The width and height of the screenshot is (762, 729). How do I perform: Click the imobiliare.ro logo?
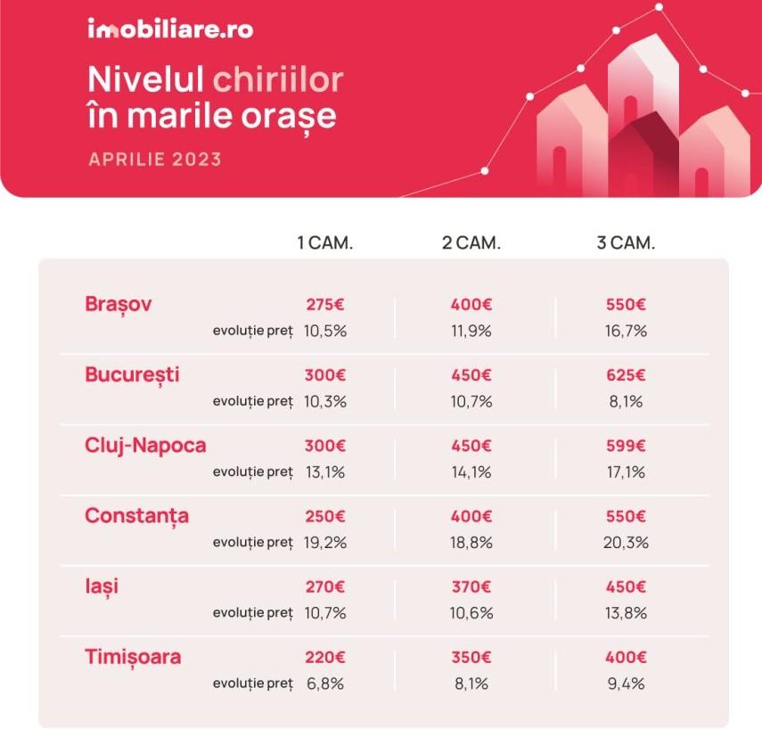[x=170, y=29]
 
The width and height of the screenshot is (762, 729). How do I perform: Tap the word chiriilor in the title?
[x=278, y=79]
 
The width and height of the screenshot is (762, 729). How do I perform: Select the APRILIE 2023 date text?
[x=155, y=160]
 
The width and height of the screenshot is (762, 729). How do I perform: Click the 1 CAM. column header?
[x=324, y=243]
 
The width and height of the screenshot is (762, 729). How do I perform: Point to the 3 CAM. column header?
[x=626, y=243]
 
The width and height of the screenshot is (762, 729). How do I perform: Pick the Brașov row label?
[x=119, y=304]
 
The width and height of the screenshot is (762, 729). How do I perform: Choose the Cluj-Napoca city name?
[x=145, y=445]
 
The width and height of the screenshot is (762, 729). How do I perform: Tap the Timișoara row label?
[x=133, y=658]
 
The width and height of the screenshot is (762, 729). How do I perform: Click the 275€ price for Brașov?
[x=324, y=304]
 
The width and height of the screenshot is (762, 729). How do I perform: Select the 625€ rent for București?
[x=626, y=374]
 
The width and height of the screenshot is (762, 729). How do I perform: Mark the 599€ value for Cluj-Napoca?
[x=626, y=446]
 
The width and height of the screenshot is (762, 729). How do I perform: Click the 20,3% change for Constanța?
[x=626, y=542]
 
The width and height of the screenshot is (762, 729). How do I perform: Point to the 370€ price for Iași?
[x=471, y=587]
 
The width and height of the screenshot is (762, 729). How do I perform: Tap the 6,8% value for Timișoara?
[x=324, y=684]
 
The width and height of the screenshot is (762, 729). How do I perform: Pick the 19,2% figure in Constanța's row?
[x=324, y=542]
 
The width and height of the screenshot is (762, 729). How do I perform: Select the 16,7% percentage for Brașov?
[x=626, y=331]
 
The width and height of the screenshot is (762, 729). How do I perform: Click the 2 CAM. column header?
[x=471, y=243]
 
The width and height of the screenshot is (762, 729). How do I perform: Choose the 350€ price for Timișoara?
[x=471, y=658]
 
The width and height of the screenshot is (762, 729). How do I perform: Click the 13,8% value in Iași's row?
[x=626, y=613]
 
